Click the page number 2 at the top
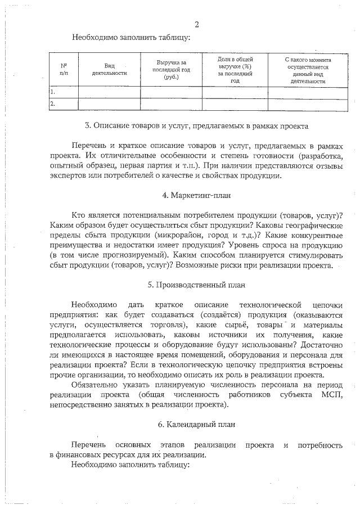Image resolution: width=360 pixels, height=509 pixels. [x=196, y=24]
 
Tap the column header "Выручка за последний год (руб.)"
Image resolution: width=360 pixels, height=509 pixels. [x=171, y=69]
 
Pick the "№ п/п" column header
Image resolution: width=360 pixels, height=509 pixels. [x=63, y=69]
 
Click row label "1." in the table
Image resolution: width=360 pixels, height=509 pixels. [x=52, y=91]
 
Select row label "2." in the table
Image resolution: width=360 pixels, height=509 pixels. [x=52, y=103]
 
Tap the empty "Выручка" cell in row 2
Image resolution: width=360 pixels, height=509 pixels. [x=171, y=103]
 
